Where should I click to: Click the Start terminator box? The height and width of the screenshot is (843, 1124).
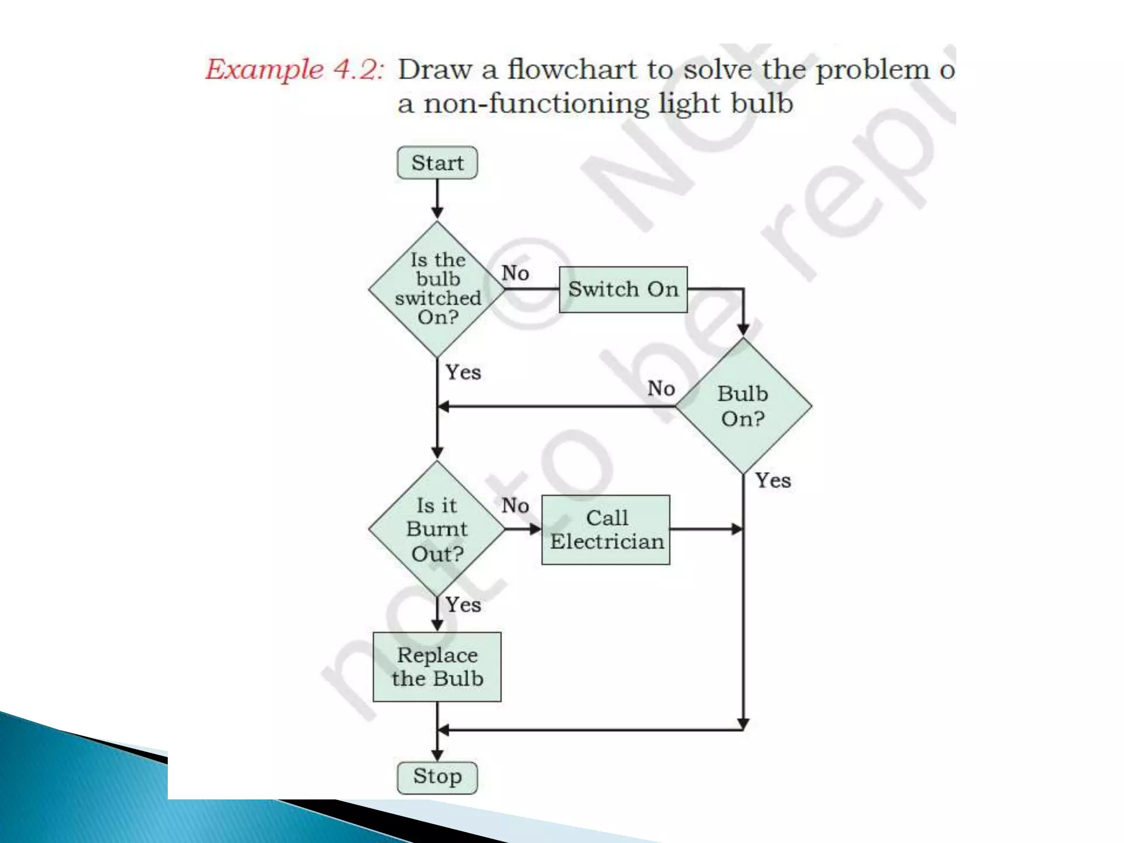coord(437,162)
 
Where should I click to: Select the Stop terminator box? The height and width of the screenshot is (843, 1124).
coord(437,777)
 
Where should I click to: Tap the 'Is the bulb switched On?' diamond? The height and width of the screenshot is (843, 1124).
coord(437,289)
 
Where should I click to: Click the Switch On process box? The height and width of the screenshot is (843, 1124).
coord(623,289)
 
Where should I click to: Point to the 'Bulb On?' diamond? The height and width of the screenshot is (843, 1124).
coord(743,406)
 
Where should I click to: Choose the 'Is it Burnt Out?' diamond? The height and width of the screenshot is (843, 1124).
coord(437,529)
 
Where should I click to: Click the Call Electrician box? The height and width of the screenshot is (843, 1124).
coord(606,530)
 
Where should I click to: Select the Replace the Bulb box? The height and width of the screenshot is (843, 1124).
coord(437,667)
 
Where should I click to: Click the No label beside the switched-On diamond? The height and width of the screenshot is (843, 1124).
coord(515,273)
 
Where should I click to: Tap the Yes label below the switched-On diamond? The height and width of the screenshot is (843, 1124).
coord(463,372)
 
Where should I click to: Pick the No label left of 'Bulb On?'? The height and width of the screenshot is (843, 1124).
coord(661,389)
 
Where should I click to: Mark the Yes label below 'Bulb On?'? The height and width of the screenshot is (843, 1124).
coord(773,481)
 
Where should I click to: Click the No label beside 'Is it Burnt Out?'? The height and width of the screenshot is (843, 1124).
coord(515,505)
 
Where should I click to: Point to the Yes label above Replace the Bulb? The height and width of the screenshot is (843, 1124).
coord(463,605)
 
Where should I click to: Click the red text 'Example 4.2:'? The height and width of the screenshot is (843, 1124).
coord(294,70)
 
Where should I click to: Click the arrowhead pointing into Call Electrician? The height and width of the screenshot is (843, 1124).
coord(536,529)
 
